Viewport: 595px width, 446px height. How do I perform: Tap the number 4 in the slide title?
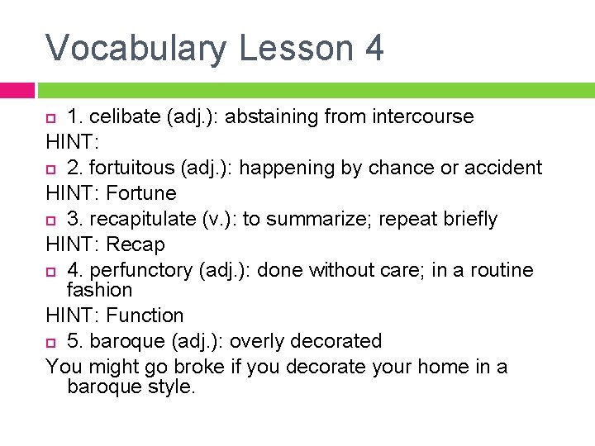pyautogui.click(x=373, y=48)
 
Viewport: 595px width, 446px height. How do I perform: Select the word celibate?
pyautogui.click(x=128, y=116)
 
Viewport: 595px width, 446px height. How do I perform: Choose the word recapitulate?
pyautogui.click(x=141, y=219)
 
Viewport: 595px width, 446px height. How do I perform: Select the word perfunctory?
pyautogui.click(x=140, y=270)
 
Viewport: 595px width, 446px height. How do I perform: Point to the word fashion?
pyautogui.click(x=99, y=290)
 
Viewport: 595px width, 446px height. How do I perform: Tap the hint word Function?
pyautogui.click(x=145, y=315)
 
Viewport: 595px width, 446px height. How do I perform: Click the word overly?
pyautogui.click(x=251, y=341)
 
